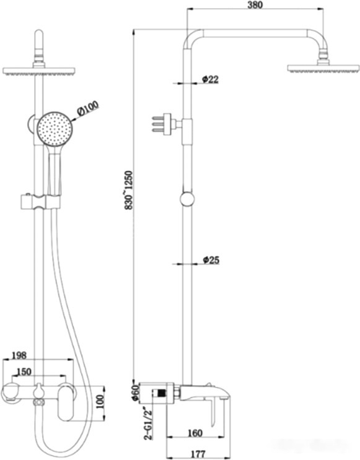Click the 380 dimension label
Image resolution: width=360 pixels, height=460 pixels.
(255, 5)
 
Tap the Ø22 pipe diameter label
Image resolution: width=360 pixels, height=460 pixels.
(211, 79)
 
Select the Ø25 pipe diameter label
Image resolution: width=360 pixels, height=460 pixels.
(211, 259)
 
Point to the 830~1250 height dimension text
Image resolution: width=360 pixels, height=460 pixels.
(129, 191)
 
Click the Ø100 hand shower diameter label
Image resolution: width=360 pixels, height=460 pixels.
(88, 109)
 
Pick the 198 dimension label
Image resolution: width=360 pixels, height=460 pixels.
(19, 355)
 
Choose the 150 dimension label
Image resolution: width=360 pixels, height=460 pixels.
(24, 371)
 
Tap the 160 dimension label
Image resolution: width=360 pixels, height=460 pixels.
(195, 433)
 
